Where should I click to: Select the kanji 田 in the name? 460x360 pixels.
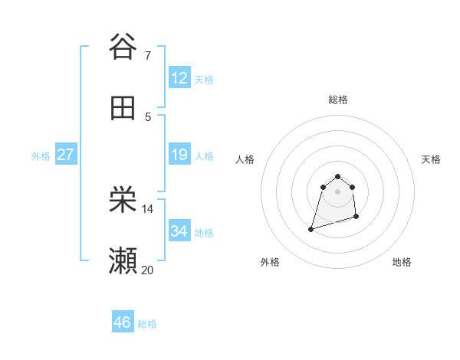(x=123, y=108)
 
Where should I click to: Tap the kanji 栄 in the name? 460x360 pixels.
(x=123, y=201)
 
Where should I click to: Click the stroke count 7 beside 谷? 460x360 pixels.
(x=147, y=56)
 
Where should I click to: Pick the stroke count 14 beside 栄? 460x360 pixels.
(x=148, y=208)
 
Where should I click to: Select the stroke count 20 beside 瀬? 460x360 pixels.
(x=148, y=270)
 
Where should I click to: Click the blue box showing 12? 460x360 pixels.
(x=179, y=78)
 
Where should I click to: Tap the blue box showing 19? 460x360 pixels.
(x=179, y=155)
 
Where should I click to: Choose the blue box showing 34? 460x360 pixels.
(x=179, y=231)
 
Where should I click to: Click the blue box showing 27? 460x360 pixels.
(x=65, y=155)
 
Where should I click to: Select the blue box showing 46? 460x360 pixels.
(x=123, y=322)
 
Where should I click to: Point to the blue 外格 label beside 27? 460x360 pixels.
(x=41, y=156)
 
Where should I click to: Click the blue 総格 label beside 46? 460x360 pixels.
(x=147, y=324)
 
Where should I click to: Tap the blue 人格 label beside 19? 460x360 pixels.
(x=204, y=156)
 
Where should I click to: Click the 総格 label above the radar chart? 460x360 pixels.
(x=337, y=100)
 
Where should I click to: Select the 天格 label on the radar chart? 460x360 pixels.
(x=431, y=159)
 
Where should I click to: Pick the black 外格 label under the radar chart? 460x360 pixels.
(x=270, y=262)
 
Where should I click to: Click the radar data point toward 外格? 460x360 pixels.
(x=310, y=228)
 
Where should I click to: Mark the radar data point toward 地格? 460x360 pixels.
(x=357, y=218)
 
